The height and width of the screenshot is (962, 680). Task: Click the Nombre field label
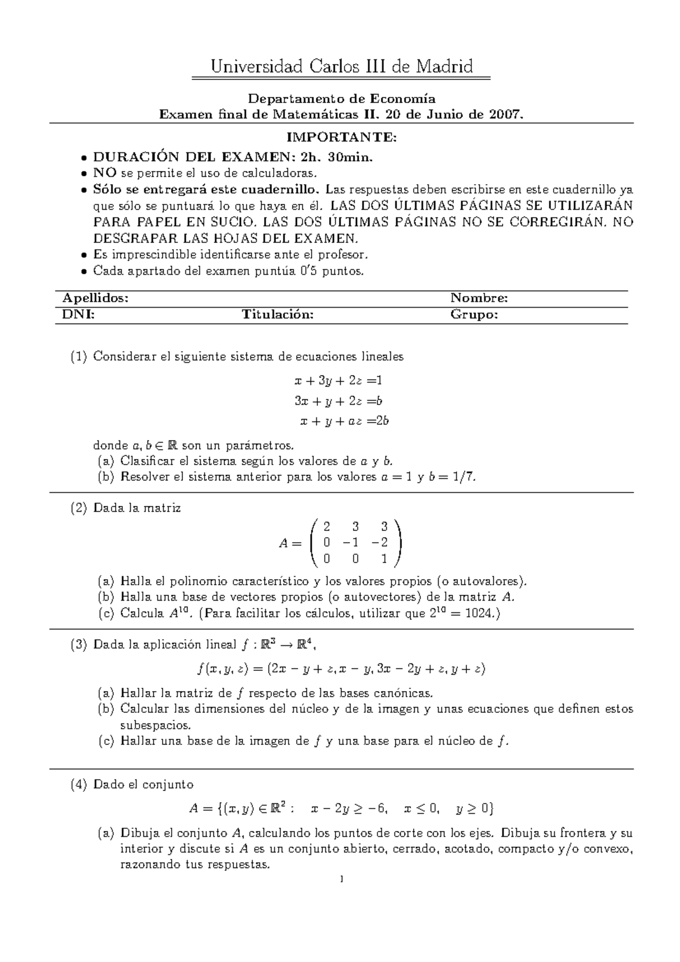(x=479, y=299)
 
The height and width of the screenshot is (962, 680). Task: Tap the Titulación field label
(x=278, y=315)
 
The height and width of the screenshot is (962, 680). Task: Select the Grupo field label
(x=474, y=315)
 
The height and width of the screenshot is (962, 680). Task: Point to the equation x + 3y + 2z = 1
(x=338, y=380)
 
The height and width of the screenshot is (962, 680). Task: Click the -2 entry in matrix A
(x=380, y=542)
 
